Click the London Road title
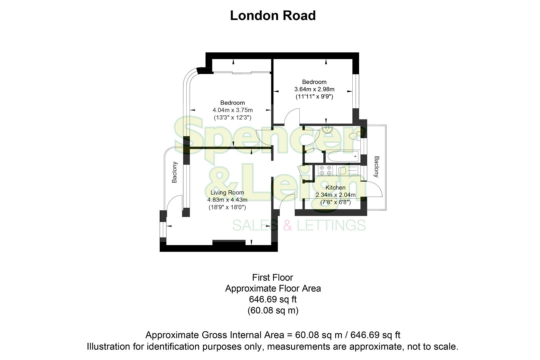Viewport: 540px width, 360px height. (273, 16)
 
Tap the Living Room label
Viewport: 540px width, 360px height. (227, 193)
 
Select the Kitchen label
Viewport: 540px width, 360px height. (335, 188)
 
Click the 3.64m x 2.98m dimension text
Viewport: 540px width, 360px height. (314, 89)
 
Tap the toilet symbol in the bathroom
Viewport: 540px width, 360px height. (354, 135)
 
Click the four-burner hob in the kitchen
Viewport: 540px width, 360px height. (325, 171)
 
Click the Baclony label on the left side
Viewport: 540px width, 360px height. (174, 172)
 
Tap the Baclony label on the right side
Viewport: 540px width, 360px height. (376, 166)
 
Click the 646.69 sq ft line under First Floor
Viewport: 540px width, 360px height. (273, 299)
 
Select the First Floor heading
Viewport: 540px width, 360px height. (273, 277)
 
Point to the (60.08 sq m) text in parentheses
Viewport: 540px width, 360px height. (273, 311)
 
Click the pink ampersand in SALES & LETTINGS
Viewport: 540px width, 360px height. (287, 225)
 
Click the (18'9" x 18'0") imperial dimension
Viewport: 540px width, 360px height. (227, 207)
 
